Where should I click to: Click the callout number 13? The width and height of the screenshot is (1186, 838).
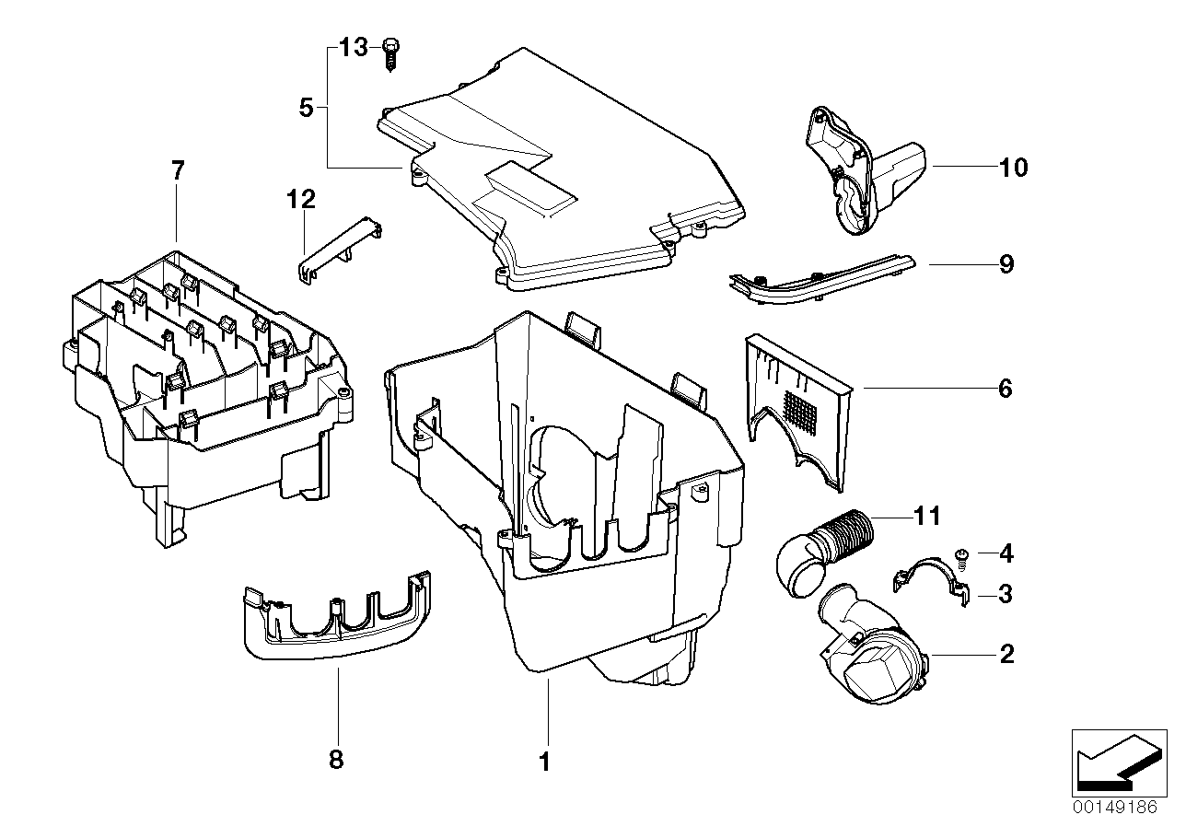click(353, 48)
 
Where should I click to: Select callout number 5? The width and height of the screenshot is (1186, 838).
click(307, 108)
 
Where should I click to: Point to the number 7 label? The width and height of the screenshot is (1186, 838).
click(177, 170)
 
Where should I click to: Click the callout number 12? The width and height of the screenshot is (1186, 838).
click(300, 199)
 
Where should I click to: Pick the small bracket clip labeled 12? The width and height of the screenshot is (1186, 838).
click(341, 247)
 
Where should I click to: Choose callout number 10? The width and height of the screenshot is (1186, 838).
click(1013, 168)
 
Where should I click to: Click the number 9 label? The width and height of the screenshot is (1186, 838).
click(1006, 265)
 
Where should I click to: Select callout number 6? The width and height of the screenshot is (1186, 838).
click(1005, 389)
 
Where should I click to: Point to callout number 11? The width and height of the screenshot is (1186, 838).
click(927, 516)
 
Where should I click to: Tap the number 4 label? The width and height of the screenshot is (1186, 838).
click(1006, 554)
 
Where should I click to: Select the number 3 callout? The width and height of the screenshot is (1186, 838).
click(1006, 595)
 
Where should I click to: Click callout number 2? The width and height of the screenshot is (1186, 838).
click(1006, 655)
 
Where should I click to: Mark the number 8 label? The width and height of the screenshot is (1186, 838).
click(336, 760)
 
